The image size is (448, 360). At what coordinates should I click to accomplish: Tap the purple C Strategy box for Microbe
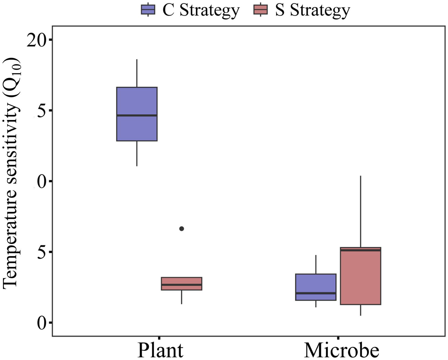[316, 283]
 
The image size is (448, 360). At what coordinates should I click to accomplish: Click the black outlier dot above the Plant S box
[182, 229]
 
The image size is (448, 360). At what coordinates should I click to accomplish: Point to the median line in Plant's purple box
[137, 115]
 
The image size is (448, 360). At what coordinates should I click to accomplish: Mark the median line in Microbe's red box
[360, 250]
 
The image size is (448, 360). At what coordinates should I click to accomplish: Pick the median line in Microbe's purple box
[316, 293]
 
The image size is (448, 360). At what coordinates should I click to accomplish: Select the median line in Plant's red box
[181, 284]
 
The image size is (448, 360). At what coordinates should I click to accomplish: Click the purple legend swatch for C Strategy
[148, 10]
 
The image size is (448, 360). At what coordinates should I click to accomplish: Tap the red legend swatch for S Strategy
[260, 10]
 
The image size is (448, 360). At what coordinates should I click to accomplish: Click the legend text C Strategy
[201, 10]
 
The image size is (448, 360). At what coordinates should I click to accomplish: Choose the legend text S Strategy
[312, 10]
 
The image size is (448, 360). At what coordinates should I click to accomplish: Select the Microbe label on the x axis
[342, 350]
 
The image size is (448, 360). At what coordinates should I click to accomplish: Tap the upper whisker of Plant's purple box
[137, 73]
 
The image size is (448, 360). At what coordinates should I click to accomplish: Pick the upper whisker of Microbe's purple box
[316, 264]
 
